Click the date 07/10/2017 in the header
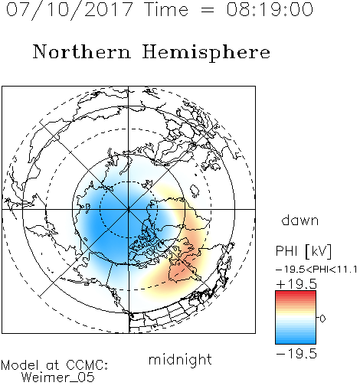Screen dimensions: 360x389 pyautogui.click(x=70, y=10)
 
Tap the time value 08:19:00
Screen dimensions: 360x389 pyautogui.click(x=270, y=9)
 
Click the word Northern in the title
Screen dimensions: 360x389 pyautogui.click(x=82, y=51)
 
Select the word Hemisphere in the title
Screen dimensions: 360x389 pyautogui.click(x=206, y=53)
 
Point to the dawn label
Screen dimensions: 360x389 pyautogui.click(x=300, y=220)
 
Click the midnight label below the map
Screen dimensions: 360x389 pyautogui.click(x=180, y=359)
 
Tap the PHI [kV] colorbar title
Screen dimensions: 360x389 pyautogui.click(x=303, y=251)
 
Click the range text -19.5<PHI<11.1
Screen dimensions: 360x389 pyautogui.click(x=316, y=270)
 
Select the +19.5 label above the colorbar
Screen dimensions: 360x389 pyautogui.click(x=296, y=284)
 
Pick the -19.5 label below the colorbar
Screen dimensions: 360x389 pyautogui.click(x=296, y=354)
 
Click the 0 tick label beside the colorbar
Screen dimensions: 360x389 pyautogui.click(x=322, y=319)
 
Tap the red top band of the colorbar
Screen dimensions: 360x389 pyautogui.click(x=296, y=293)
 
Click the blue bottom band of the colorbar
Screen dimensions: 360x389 pyautogui.click(x=296, y=341)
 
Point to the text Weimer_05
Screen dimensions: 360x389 pyautogui.click(x=58, y=378)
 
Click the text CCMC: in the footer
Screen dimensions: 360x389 pyautogui.click(x=87, y=365)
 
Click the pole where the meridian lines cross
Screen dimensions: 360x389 pyautogui.click(x=128, y=209)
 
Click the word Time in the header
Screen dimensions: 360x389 pyautogui.click(x=166, y=9)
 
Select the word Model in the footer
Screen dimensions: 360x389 pyautogui.click(x=20, y=365)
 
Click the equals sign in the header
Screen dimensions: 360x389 pyautogui.click(x=208, y=11)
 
